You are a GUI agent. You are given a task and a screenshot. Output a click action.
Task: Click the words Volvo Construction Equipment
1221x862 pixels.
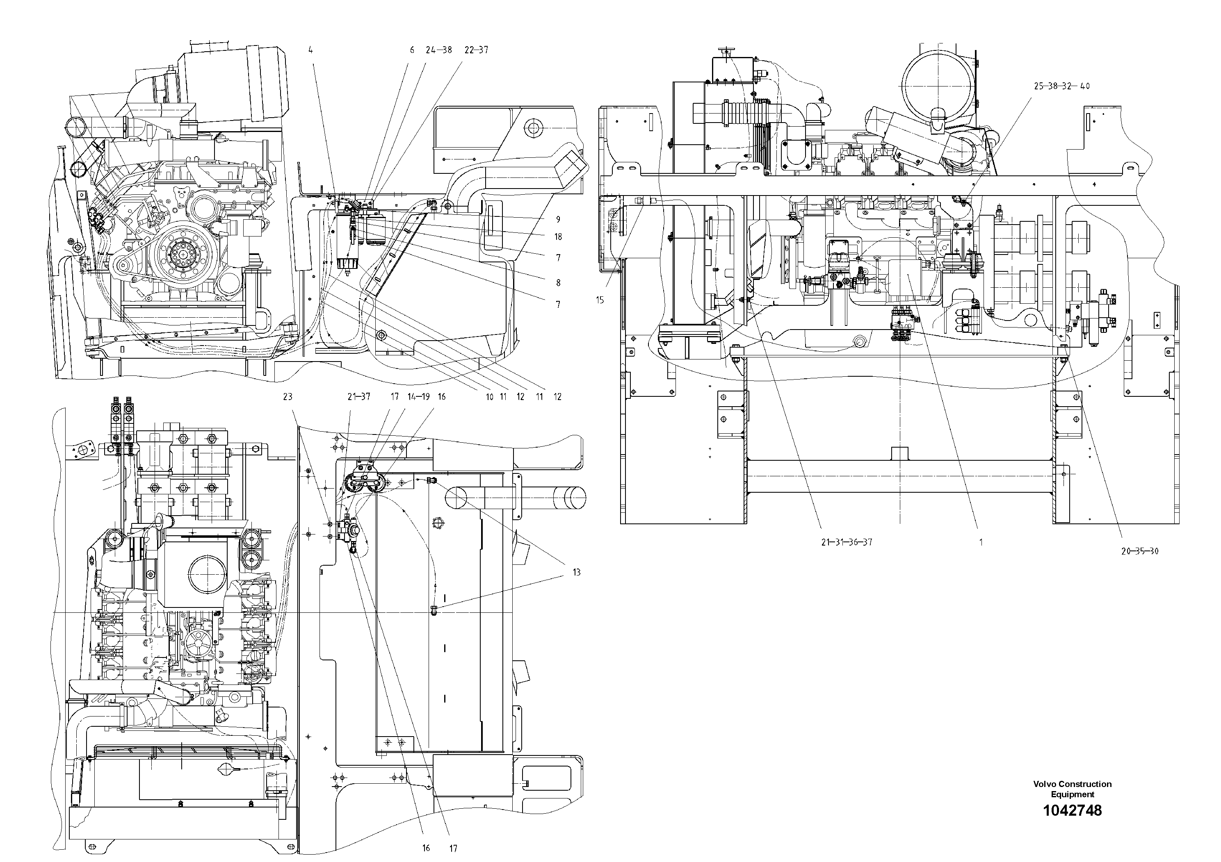click(x=1072, y=789)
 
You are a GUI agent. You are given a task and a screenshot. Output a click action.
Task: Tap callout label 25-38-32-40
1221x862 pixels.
click(x=1061, y=86)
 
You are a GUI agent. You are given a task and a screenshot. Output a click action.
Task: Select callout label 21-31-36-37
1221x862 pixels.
click(x=847, y=543)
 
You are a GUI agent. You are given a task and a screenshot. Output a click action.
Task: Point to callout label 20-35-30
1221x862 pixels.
click(x=1140, y=551)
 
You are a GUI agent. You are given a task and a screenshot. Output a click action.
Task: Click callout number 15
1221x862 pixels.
click(x=600, y=300)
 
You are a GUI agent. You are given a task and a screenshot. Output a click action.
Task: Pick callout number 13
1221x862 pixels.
click(x=577, y=572)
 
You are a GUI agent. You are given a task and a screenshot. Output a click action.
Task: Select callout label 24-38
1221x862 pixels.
click(x=439, y=50)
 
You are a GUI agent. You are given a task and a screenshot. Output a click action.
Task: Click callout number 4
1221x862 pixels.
click(x=310, y=50)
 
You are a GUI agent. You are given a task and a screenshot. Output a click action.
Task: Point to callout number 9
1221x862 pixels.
click(x=558, y=219)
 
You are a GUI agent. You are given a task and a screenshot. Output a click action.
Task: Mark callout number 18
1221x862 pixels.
click(x=558, y=237)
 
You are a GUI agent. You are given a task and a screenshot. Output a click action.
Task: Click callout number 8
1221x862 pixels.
click(x=558, y=283)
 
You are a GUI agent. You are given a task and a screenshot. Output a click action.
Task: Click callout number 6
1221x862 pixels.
click(x=412, y=50)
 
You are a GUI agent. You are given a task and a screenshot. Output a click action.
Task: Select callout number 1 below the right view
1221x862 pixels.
click(x=981, y=543)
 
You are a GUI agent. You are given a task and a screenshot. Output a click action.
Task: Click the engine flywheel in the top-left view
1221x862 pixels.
click(x=183, y=254)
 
